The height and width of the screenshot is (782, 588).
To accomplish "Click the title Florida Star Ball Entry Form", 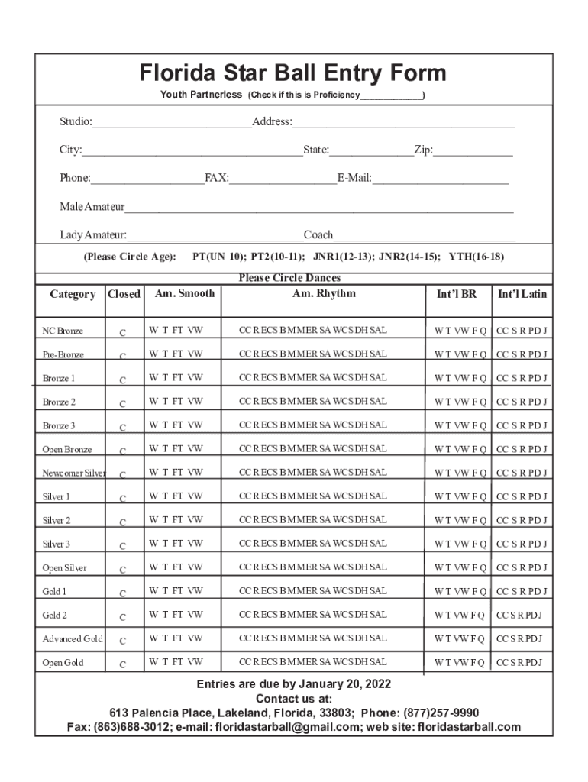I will pyautogui.click(x=292, y=73).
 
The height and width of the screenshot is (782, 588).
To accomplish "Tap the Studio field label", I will pyautogui.click(x=76, y=122).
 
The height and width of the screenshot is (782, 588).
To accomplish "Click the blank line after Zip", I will pyautogui.click(x=473, y=150).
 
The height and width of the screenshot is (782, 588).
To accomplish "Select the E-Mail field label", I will pyautogui.click(x=354, y=178).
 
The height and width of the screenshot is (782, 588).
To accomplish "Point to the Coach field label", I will pyautogui.click(x=318, y=234).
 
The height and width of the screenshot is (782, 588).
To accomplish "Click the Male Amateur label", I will pyautogui.click(x=92, y=207).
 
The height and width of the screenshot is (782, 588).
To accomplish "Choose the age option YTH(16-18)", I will pyautogui.click(x=476, y=257).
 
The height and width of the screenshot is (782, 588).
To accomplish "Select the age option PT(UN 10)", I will pyautogui.click(x=219, y=257).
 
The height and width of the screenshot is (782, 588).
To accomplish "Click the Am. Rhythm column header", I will pyautogui.click(x=324, y=293).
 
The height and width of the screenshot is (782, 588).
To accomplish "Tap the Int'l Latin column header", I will pyautogui.click(x=522, y=294).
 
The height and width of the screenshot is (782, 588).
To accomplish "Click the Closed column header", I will pyautogui.click(x=124, y=294).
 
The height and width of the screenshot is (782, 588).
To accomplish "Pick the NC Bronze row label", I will pyautogui.click(x=63, y=331).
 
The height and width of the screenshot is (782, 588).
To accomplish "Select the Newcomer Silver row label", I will pyautogui.click(x=73, y=473).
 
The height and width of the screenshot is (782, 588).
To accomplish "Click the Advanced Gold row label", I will pyautogui.click(x=73, y=639).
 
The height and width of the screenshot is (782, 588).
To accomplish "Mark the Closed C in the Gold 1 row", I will pyautogui.click(x=123, y=593).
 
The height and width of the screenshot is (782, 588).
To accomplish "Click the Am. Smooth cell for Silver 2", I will pyautogui.click(x=176, y=520).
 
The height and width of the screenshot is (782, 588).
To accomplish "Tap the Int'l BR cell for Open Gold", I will pyautogui.click(x=459, y=662).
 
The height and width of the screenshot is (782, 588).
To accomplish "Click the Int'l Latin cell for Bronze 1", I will pyautogui.click(x=522, y=378).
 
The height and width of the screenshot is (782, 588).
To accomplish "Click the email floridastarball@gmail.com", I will pyautogui.click(x=286, y=727).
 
